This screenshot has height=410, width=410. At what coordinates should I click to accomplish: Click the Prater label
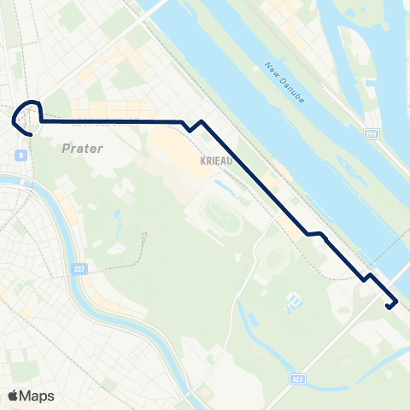pos(83,149)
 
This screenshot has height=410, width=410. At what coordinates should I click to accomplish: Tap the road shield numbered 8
pos(19,154)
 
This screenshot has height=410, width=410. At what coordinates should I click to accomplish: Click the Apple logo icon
pos(14,395)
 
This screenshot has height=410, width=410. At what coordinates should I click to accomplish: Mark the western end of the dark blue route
pos(32,134)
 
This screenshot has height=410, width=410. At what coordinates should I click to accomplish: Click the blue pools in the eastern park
pos(296,301)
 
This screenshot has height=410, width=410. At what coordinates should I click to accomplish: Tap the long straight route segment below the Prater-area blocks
pos(111,122)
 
